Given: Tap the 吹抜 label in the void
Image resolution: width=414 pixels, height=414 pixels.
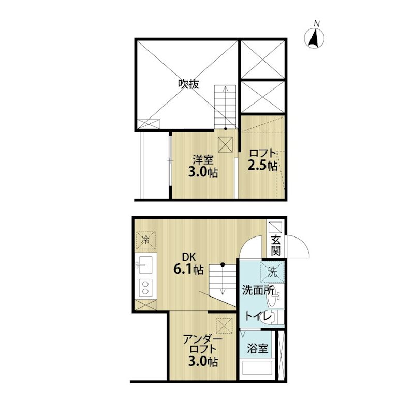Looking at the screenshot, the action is pyautogui.click(x=188, y=84).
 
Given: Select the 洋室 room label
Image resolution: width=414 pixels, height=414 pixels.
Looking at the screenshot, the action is pyautogui.click(x=203, y=160).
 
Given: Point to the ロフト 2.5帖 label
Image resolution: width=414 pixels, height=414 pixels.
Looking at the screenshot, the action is pyautogui.click(x=262, y=160).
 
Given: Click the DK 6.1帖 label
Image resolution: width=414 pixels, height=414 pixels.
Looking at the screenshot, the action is pyautogui.click(x=188, y=263).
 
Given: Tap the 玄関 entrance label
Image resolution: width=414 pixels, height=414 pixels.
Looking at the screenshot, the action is pyautogui.click(x=276, y=245).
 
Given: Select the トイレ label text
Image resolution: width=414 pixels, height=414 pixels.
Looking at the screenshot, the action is pyautogui.click(x=256, y=316).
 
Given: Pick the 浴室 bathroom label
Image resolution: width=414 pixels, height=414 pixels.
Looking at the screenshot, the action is pyautogui.click(x=257, y=348).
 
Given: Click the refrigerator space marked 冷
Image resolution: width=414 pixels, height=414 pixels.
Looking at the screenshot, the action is pyautogui.click(x=145, y=241).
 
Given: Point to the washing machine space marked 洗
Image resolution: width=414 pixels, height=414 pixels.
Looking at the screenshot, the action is pyautogui.click(x=272, y=272).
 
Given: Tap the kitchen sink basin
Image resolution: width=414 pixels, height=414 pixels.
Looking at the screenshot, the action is pyautogui.click(x=144, y=265).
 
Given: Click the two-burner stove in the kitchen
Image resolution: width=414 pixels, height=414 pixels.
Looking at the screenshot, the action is pyautogui.click(x=145, y=288).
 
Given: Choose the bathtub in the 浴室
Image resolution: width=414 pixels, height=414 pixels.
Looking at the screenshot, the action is pyautogui.click(x=257, y=367).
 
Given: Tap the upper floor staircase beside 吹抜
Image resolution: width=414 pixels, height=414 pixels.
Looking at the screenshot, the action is pyautogui.click(x=225, y=107).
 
